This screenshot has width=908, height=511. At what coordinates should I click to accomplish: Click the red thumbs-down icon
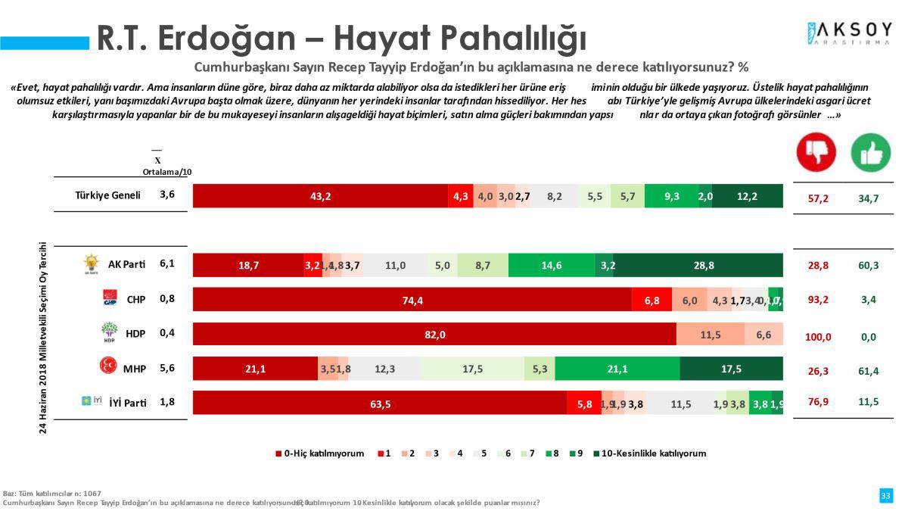(816, 151)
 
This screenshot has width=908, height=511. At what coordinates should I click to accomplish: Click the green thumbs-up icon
(871, 151)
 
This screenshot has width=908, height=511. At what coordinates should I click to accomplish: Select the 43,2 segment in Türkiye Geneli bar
(320, 196)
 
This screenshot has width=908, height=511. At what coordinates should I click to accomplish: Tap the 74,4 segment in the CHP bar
(412, 300)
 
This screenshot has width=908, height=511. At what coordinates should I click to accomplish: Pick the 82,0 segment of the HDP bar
(434, 335)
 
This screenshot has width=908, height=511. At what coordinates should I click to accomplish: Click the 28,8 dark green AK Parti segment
(698, 266)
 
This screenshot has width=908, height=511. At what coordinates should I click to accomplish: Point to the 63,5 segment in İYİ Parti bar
(380, 404)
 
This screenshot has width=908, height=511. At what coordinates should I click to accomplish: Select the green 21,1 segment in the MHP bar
(617, 369)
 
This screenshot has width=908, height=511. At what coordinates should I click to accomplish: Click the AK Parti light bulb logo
(91, 264)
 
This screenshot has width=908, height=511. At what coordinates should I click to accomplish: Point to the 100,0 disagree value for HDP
(818, 337)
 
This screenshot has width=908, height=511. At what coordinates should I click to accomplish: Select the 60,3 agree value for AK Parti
(869, 266)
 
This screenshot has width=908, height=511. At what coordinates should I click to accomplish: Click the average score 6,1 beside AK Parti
(168, 263)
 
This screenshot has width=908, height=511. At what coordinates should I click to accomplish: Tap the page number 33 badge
(885, 495)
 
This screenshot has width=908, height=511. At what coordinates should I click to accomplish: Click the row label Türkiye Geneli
(107, 195)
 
